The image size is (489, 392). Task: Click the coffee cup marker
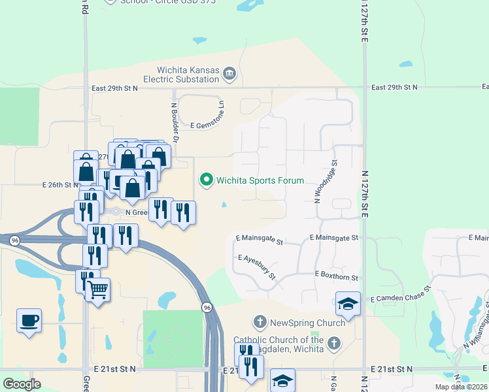coord(29,321)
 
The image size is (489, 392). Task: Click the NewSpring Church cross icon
coord(260,322)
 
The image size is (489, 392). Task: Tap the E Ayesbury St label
coord(257,267)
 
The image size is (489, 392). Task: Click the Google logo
coord(22,384)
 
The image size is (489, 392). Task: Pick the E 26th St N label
coord(60,185)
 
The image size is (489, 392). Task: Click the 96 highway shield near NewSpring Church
coord(207,307)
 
